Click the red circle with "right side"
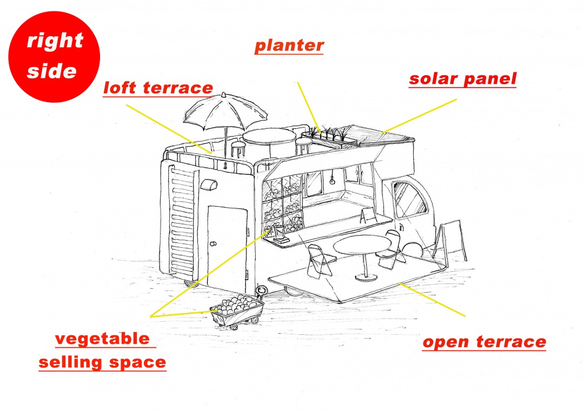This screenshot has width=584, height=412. (54, 57)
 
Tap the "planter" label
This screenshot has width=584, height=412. (289, 46)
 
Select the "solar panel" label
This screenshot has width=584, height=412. (462, 79)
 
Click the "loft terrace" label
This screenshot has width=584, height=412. (158, 88)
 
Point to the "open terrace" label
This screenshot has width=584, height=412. (484, 342)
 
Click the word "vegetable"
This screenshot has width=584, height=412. (102, 339)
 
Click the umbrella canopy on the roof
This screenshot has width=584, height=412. (225, 111)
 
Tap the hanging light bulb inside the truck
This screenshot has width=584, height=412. (331, 181)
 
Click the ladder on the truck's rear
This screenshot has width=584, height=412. (183, 223)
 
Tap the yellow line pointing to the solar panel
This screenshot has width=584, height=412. (420, 116)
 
